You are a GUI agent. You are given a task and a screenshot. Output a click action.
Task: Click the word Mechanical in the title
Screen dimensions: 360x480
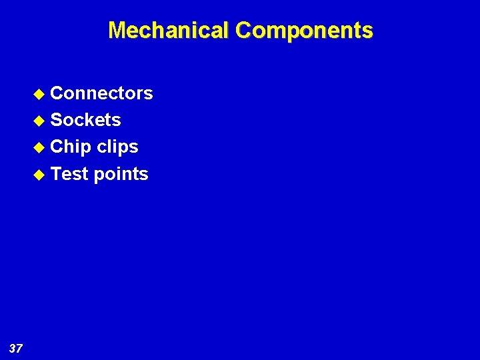[x=169, y=31]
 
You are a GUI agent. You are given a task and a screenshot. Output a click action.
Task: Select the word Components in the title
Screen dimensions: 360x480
[x=304, y=31]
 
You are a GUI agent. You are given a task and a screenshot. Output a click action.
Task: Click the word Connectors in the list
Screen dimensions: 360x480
[x=101, y=93]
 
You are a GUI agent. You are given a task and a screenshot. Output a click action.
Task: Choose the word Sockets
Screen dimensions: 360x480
[x=85, y=120]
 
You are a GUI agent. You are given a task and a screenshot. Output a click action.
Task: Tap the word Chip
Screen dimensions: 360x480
[x=71, y=147]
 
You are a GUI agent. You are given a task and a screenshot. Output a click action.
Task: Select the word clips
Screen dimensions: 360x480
[x=117, y=147]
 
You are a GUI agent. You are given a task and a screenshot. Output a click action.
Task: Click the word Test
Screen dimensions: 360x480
[x=69, y=174]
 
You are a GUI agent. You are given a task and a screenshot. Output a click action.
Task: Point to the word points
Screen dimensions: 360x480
[x=121, y=175]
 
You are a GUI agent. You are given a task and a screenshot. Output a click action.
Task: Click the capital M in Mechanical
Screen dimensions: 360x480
[x=117, y=31]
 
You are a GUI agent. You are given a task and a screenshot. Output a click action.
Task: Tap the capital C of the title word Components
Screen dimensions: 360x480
[x=243, y=31]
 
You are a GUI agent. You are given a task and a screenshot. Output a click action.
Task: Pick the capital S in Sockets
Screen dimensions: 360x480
[x=57, y=120]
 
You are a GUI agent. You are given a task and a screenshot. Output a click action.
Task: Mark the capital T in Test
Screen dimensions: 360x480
[x=56, y=174]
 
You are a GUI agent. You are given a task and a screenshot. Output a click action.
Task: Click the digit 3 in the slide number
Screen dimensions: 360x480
[x=13, y=348]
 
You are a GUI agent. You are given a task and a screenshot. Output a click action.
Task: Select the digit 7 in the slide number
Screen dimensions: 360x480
[x=20, y=348]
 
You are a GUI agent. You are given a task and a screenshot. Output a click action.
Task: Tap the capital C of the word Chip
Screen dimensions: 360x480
[x=57, y=147]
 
